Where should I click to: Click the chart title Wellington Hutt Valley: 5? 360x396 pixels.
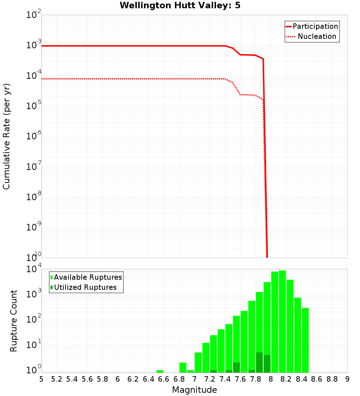point(183,5)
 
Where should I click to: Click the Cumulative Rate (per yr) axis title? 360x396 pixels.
point(6,136)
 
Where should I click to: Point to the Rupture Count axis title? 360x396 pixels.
point(14,321)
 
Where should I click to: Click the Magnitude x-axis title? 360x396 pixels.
point(194,390)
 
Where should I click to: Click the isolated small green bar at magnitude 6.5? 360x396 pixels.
point(160,371)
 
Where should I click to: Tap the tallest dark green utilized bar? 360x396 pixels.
point(259,363)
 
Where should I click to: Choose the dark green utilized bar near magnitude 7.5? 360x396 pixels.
point(237,368)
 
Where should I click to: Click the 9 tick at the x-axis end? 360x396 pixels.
point(347,379)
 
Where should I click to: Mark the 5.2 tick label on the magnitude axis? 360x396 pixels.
point(57,379)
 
